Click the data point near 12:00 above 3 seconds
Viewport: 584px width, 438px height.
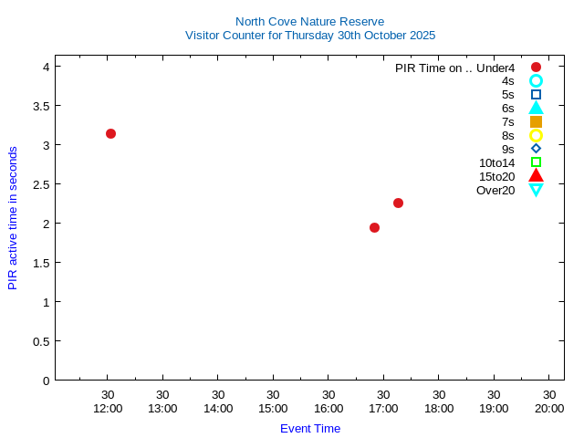coord(110,133)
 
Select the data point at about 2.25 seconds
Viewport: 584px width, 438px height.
coord(398,203)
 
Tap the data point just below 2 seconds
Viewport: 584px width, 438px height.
coord(374,227)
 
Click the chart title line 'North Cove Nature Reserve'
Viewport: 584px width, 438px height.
coord(309,21)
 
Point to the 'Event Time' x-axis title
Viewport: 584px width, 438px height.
coord(310,428)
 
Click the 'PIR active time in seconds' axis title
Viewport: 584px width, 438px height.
coord(13,217)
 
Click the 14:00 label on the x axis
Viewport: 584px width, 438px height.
coord(218,408)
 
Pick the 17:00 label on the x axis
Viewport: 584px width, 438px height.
coord(383,408)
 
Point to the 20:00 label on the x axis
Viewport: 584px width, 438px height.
coord(549,408)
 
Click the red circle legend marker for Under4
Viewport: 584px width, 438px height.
coord(536,67)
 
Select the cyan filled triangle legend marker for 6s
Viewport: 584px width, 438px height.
coord(536,108)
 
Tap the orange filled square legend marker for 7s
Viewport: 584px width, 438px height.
coord(536,121)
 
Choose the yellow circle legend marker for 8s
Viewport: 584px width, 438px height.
coord(536,135)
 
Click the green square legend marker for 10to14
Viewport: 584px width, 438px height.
coord(536,162)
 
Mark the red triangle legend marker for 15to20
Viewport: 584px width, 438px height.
coord(536,176)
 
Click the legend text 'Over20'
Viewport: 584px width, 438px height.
coord(495,190)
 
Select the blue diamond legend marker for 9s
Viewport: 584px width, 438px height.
coord(536,149)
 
